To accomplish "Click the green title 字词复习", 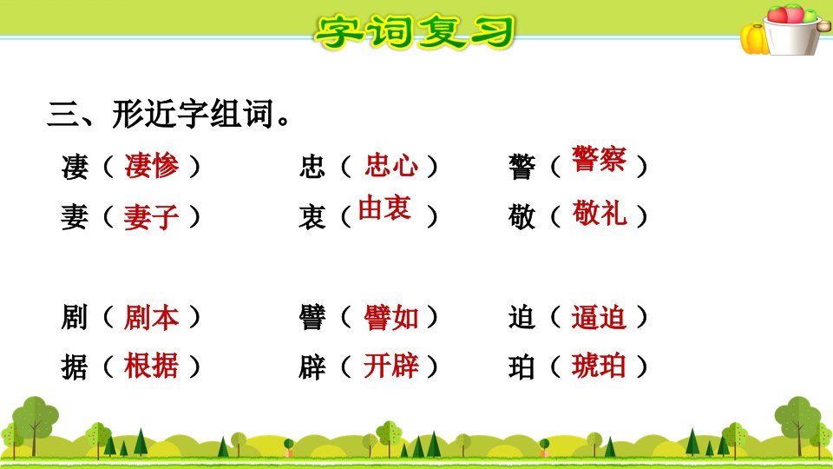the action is (415, 32).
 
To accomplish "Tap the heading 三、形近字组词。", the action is (169, 114).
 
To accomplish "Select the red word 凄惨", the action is (152, 165).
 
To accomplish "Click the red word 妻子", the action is (151, 217).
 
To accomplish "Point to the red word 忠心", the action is (391, 165).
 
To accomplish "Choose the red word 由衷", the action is (384, 208).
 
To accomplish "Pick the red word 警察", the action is (600, 158).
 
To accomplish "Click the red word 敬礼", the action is (600, 214).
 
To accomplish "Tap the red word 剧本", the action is (151, 318).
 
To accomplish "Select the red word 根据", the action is (151, 366).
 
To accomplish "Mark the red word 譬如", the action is (391, 318).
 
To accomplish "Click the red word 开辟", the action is (391, 366).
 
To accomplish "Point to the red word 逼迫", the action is (600, 318).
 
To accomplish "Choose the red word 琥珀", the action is (600, 366).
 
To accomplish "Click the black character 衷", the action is (312, 217).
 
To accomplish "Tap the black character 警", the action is (521, 167).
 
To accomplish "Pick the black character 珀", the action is (521, 367).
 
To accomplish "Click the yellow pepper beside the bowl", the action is (754, 39).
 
